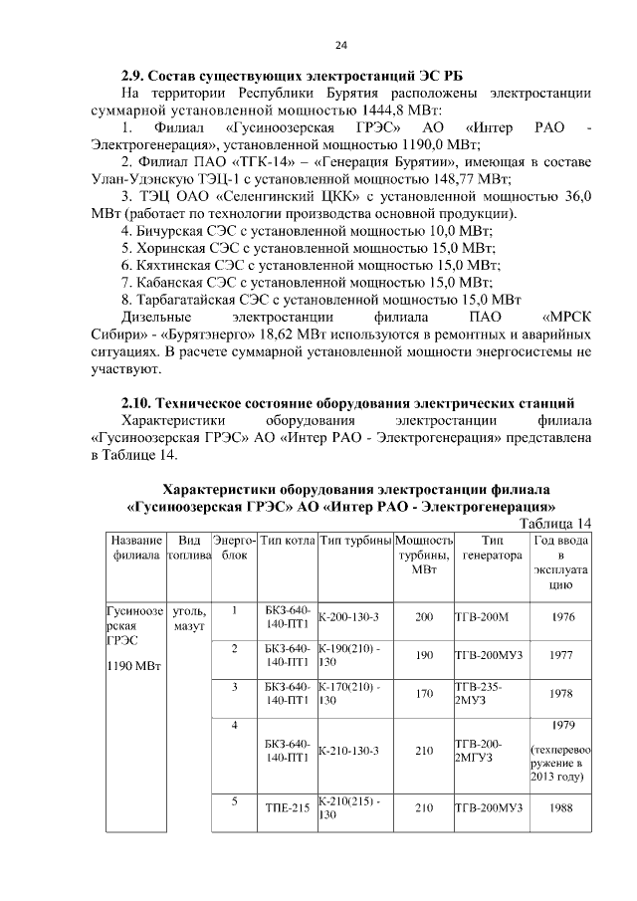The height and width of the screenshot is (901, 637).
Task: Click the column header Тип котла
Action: point(288,540)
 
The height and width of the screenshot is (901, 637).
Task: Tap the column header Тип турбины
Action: point(355,540)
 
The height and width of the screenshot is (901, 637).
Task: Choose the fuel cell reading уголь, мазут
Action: point(188,618)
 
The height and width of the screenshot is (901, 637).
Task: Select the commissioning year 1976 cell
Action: point(562,617)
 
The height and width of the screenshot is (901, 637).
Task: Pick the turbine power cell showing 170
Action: point(424,694)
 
